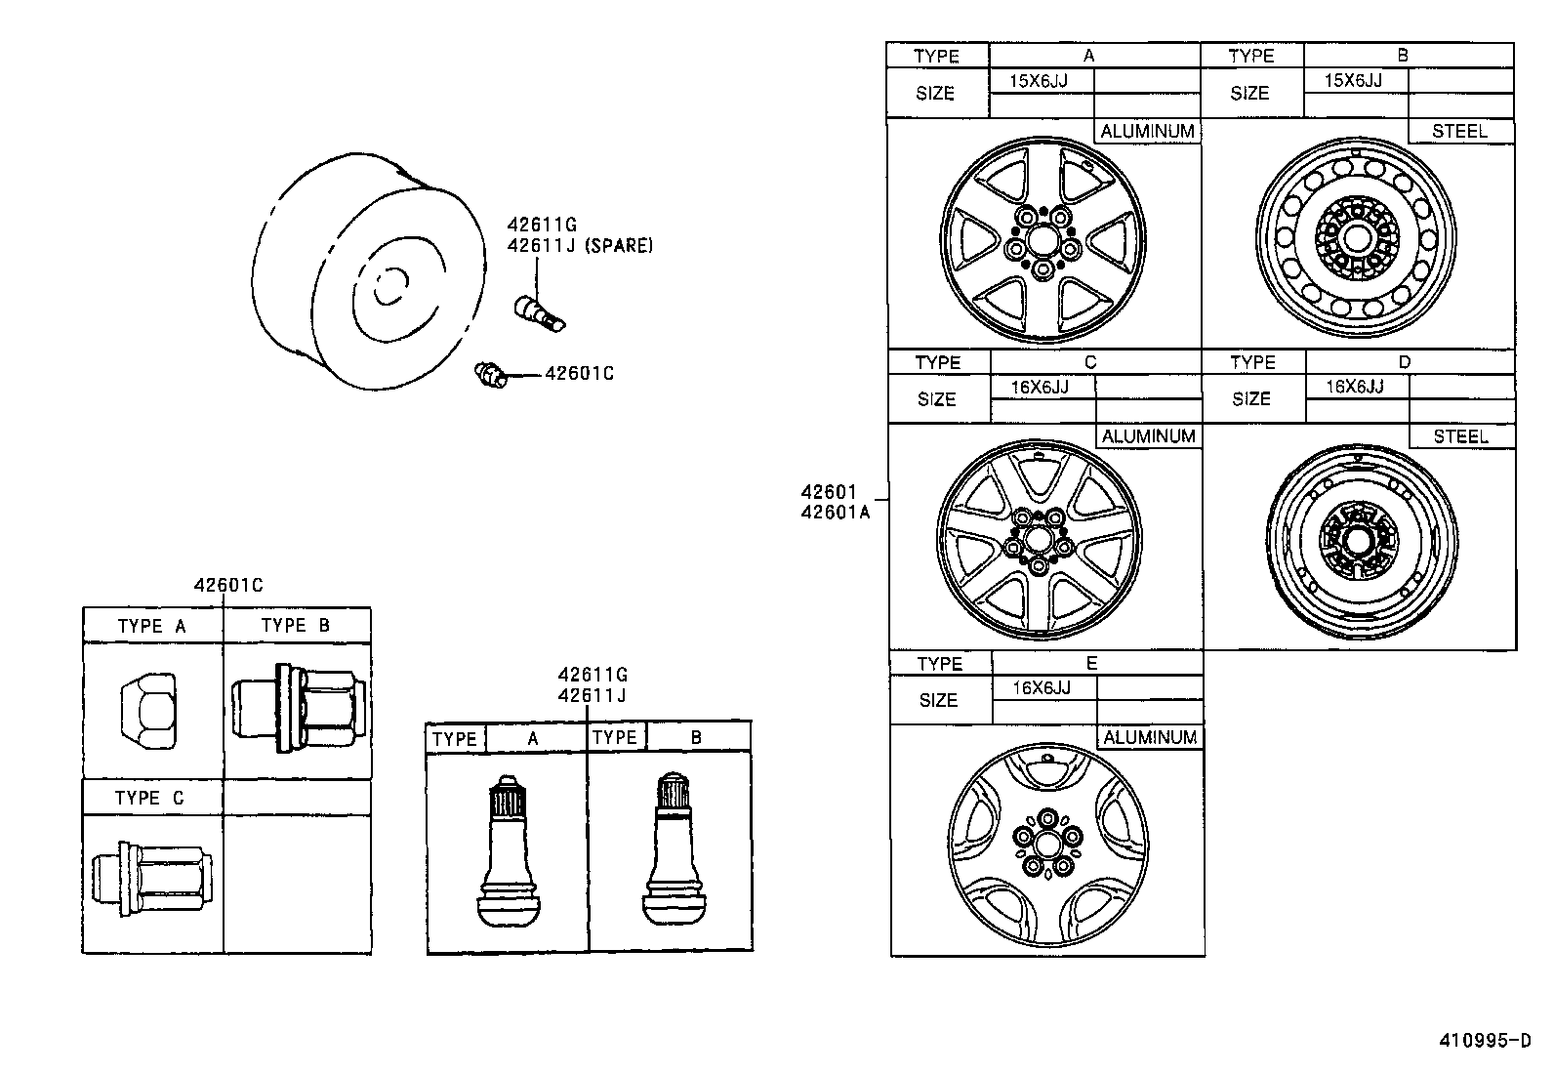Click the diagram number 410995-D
click(1485, 1041)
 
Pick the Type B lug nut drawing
click(299, 708)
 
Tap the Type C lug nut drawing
click(151, 878)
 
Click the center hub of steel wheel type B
click(1357, 236)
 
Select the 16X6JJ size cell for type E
click(1042, 687)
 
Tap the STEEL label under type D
click(1460, 436)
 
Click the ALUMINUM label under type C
click(1148, 436)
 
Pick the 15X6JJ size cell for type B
click(1353, 80)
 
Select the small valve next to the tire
click(539, 312)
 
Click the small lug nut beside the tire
click(489, 374)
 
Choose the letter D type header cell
click(1404, 362)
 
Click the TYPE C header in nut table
click(149, 798)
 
